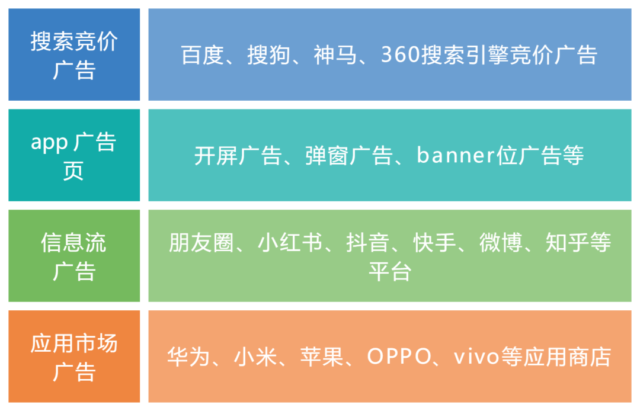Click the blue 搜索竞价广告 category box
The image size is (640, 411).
[74, 54]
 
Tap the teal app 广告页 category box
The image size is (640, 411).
[74, 155]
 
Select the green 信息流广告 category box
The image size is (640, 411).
[74, 256]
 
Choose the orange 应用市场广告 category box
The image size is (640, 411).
[74, 357]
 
